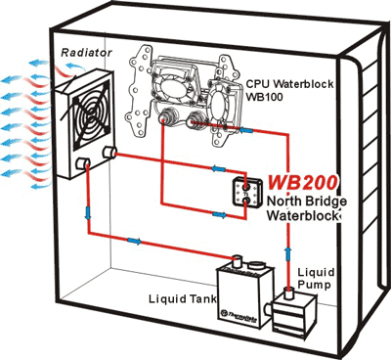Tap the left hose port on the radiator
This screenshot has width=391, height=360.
(87, 159)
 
